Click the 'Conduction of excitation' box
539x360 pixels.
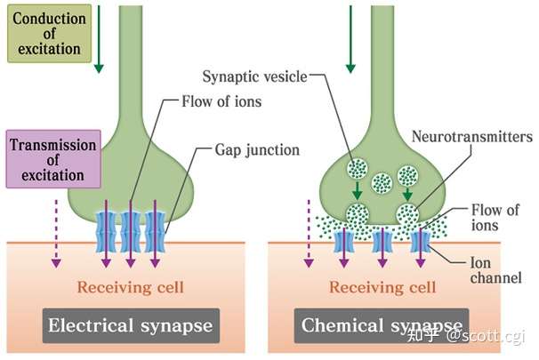tap(49, 34)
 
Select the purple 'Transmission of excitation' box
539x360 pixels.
tap(53, 159)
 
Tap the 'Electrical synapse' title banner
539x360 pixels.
tap(131, 325)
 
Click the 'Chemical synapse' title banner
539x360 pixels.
tap(382, 325)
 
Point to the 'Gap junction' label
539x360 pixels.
tap(257, 150)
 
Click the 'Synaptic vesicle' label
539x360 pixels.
tap(254, 76)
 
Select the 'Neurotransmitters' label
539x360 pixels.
tap(472, 137)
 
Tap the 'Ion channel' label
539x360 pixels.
tap(495, 270)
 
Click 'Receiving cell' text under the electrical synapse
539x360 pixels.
tap(130, 287)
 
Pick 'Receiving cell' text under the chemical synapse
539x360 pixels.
tap(382, 287)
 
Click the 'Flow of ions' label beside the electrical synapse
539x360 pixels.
tap(221, 101)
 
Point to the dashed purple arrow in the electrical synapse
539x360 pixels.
tap(56, 234)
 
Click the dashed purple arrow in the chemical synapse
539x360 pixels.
tap(309, 234)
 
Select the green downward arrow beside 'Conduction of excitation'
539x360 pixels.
tap(99, 39)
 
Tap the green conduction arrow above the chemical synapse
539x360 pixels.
tap(350, 39)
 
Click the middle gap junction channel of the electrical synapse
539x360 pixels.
tap(131, 232)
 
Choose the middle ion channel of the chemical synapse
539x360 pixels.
tap(382, 242)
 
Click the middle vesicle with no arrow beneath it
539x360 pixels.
tap(382, 183)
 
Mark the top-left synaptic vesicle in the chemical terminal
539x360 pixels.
tap(358, 168)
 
